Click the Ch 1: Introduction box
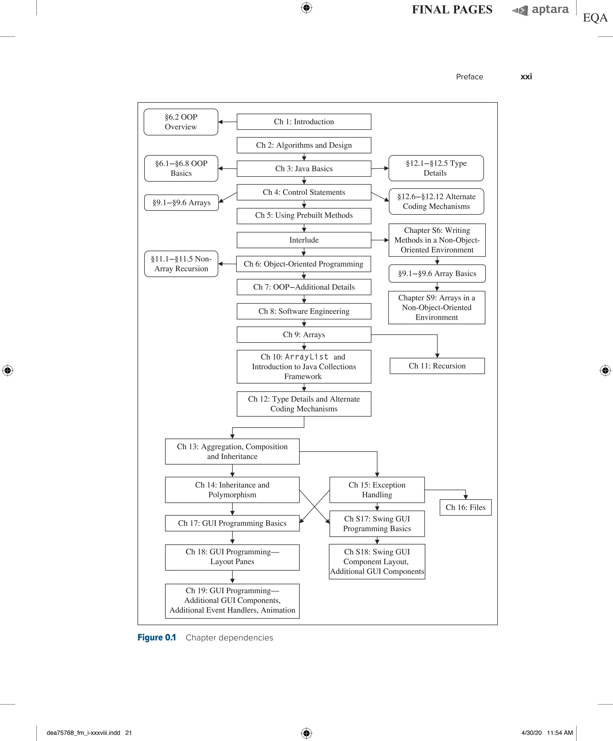(x=304, y=122)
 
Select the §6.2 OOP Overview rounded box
(x=181, y=122)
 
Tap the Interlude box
(x=304, y=240)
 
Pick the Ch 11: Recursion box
(x=437, y=366)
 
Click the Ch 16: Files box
(x=465, y=507)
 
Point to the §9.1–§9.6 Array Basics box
(x=437, y=274)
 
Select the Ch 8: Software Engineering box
(x=304, y=311)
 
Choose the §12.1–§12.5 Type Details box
(x=436, y=168)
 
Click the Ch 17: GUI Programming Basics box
(x=232, y=523)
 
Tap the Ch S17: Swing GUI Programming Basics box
(x=377, y=524)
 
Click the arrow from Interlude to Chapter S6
(x=380, y=240)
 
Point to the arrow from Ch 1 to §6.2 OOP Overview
(x=227, y=122)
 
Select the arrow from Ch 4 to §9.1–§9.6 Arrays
(x=227, y=197)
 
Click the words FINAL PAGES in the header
(x=452, y=10)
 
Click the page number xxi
(x=526, y=77)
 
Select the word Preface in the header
(x=469, y=77)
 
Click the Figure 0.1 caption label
(x=157, y=638)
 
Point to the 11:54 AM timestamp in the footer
(x=560, y=733)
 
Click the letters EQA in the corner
(x=595, y=18)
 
